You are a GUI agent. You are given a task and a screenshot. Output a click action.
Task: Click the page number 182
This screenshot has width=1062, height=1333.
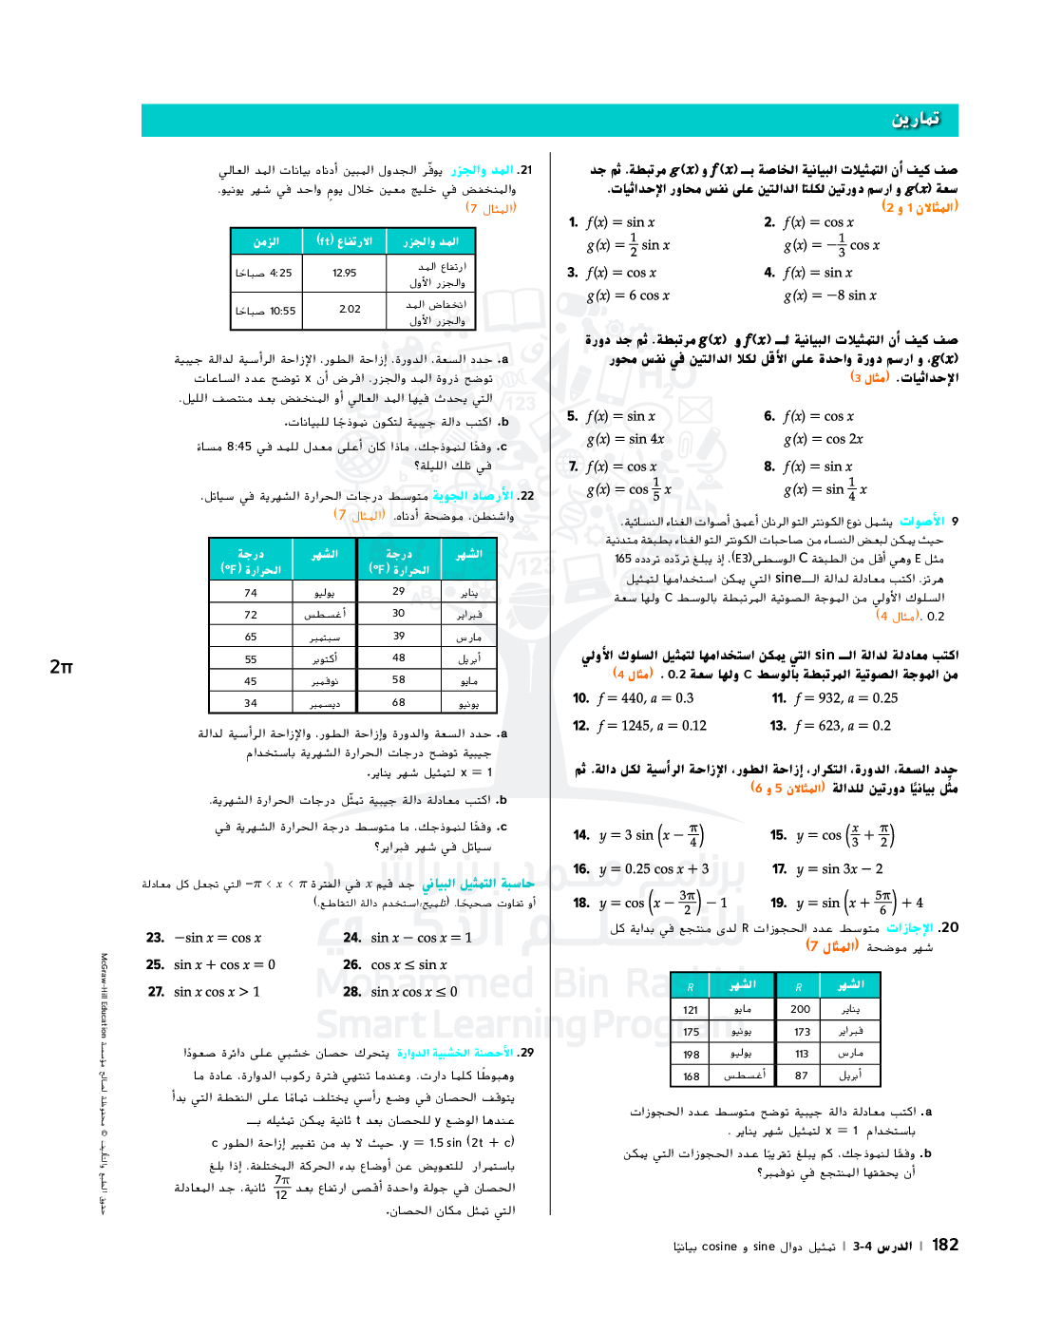pyautogui.click(x=944, y=1245)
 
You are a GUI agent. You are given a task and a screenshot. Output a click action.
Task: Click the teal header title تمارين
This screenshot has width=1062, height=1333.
pyautogui.click(x=915, y=120)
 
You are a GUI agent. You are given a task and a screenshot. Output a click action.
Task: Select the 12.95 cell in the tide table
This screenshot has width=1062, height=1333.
pyautogui.click(x=344, y=273)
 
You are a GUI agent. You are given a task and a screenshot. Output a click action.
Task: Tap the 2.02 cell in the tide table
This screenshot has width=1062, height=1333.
pyautogui.click(x=350, y=310)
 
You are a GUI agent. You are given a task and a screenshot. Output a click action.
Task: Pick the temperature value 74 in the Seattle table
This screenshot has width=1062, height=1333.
pyautogui.click(x=251, y=592)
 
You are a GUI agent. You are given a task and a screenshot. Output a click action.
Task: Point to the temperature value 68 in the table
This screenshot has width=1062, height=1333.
pyautogui.click(x=398, y=702)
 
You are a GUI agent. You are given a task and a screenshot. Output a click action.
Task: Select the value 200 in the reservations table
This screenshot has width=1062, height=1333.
pyautogui.click(x=801, y=1009)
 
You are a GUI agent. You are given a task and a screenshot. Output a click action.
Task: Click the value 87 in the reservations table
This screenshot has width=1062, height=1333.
pyautogui.click(x=802, y=1076)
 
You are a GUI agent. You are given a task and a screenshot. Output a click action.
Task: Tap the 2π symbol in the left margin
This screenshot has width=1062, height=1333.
pyautogui.click(x=61, y=667)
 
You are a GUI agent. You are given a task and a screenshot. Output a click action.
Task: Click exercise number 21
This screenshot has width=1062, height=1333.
pyautogui.click(x=525, y=170)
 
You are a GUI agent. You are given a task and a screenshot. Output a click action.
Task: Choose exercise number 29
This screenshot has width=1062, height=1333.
pyautogui.click(x=526, y=1053)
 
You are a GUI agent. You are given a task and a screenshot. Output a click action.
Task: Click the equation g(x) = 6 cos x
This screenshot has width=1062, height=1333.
pyautogui.click(x=628, y=295)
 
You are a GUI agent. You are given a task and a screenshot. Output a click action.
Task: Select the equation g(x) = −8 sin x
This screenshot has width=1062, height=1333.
pyautogui.click(x=829, y=295)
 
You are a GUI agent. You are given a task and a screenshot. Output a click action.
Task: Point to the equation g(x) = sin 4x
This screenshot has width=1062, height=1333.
pyautogui.click(x=625, y=439)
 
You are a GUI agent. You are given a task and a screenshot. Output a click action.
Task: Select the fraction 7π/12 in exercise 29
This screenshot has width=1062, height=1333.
pyautogui.click(x=281, y=1187)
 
